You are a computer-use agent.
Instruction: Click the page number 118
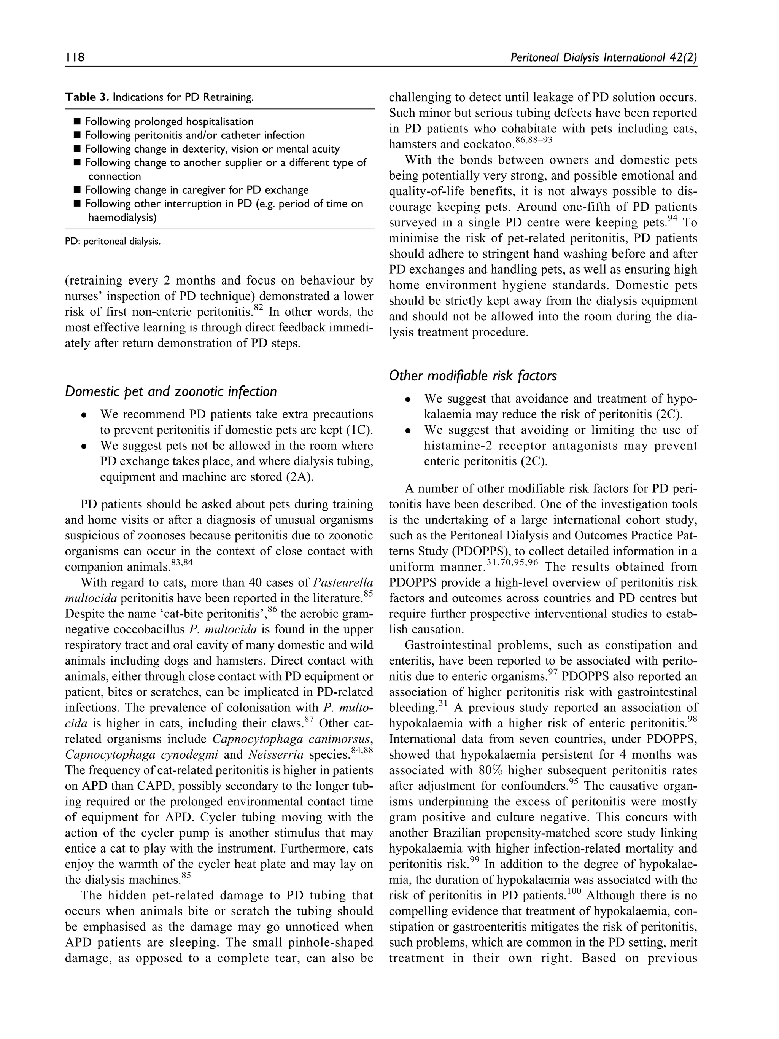pyautogui.click(x=75, y=57)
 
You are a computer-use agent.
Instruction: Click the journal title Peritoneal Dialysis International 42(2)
pyautogui.click(x=603, y=57)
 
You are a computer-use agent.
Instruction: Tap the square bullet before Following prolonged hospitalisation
pyautogui.click(x=77, y=122)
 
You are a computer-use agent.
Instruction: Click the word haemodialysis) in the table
pyautogui.click(x=122, y=218)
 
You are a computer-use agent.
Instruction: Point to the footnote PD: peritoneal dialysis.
pyautogui.click(x=113, y=242)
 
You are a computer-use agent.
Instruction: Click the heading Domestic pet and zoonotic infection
pyautogui.click(x=170, y=391)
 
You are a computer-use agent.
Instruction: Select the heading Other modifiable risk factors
pyautogui.click(x=472, y=376)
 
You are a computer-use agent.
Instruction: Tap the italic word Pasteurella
pyautogui.click(x=343, y=583)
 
